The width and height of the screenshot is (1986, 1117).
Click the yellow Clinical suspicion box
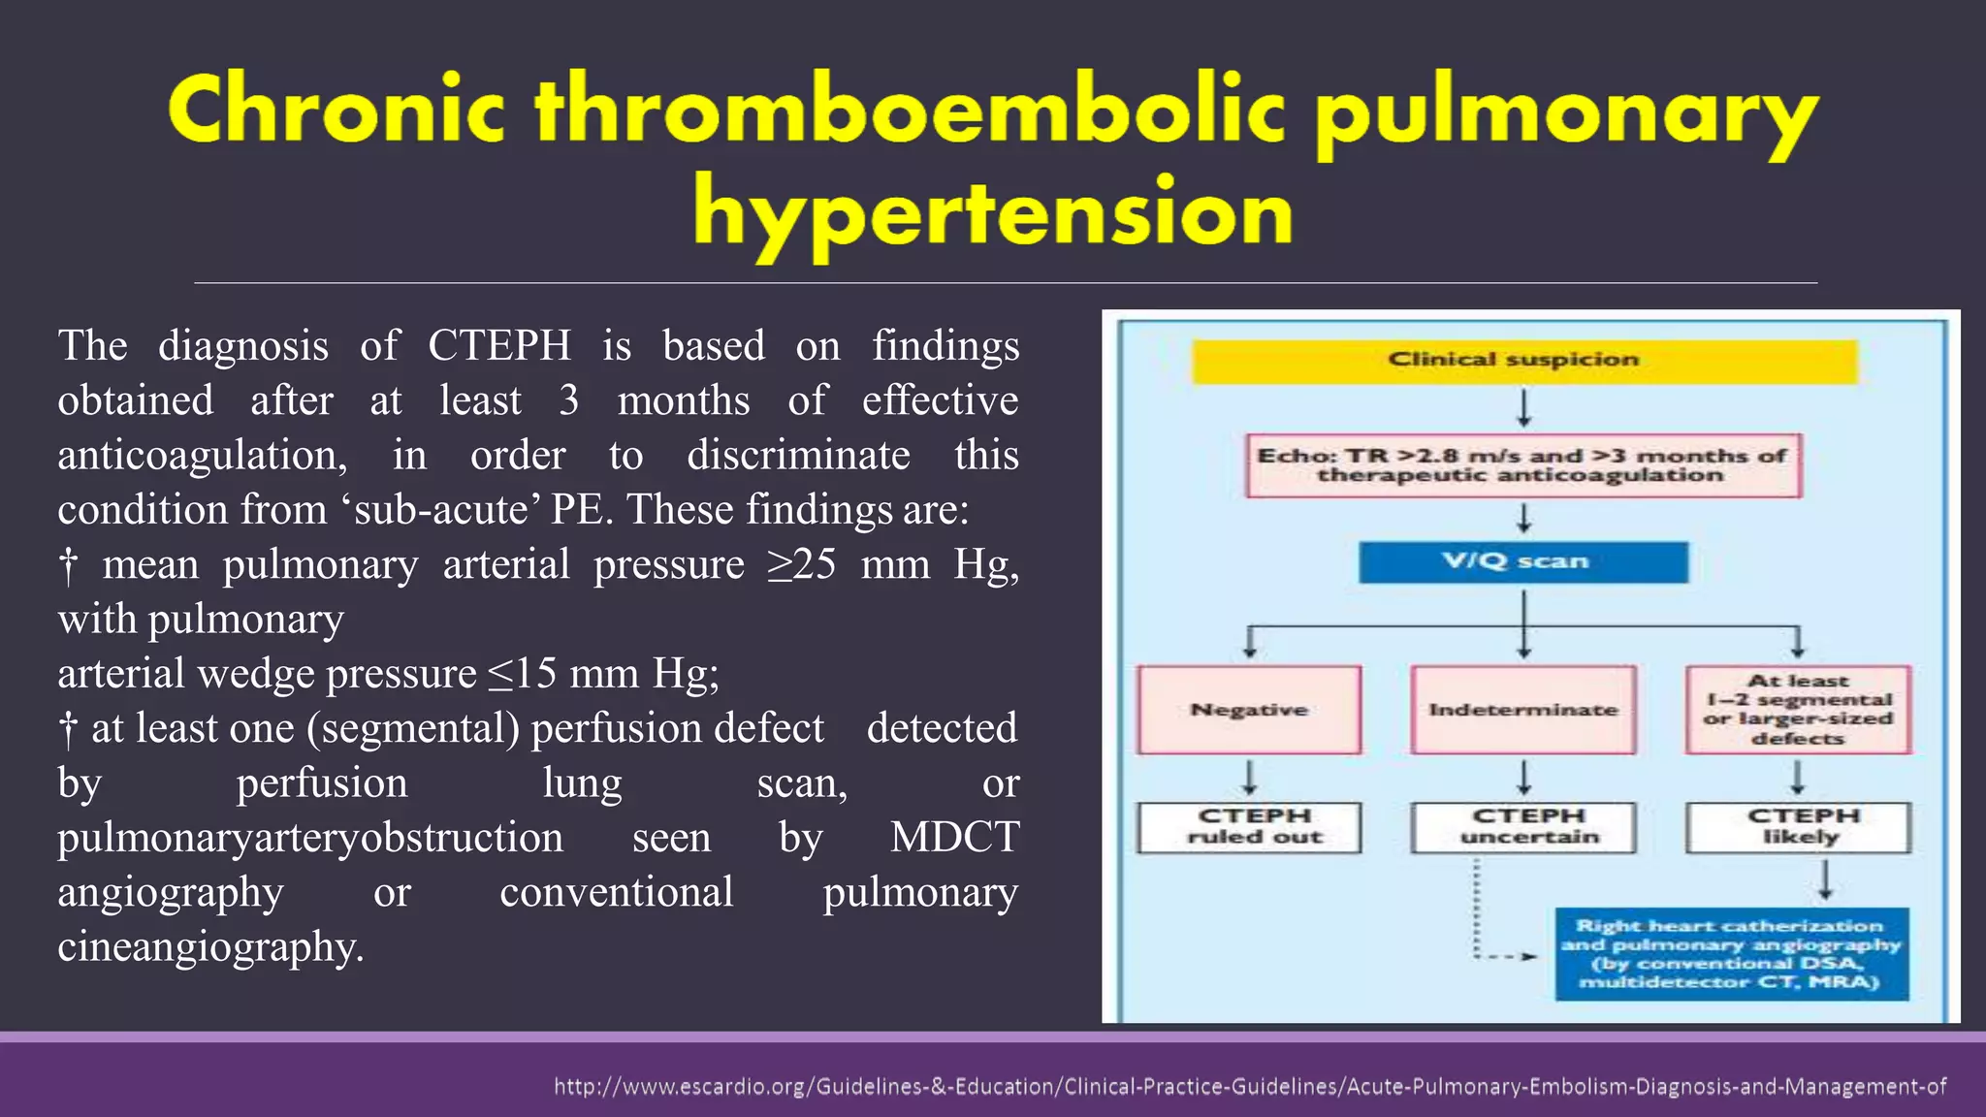1524,361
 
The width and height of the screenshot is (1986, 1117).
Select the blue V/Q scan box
1522,562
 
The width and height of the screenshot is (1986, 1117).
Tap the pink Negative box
1249,710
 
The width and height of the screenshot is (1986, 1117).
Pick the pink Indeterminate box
1523,710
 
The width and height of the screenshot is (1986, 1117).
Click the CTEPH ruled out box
1249,827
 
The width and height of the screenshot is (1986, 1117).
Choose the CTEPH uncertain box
1523,827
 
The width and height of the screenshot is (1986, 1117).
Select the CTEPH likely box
1799,827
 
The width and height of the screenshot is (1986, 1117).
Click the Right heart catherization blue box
1732,954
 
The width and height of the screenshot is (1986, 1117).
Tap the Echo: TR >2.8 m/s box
1523,465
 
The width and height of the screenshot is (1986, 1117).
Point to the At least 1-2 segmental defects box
1799,710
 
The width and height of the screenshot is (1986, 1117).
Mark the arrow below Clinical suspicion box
1524,408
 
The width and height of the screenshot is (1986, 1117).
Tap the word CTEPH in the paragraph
499,346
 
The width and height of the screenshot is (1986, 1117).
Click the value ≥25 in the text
801,564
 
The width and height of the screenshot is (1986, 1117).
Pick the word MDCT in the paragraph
954,838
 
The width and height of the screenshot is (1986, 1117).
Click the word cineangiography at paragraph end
210,947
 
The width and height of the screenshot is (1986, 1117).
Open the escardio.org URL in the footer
1249,1087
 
